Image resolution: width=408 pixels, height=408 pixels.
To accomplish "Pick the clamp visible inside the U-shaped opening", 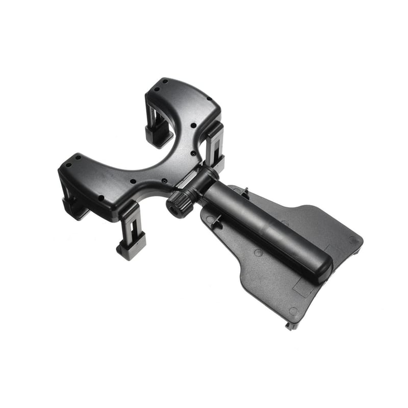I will pos(158,127).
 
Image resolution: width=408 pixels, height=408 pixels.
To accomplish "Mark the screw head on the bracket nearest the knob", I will pos(164,181).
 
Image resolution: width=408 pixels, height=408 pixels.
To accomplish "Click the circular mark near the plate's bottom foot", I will pos(293,311).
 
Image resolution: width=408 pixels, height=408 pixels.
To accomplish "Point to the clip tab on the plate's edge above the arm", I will pos(245,193).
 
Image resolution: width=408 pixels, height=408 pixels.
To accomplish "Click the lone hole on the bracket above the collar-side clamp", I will pos(194,125).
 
